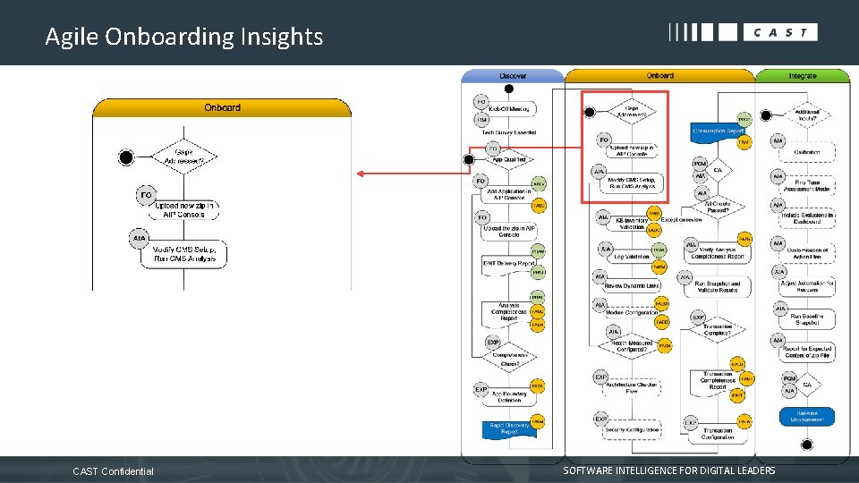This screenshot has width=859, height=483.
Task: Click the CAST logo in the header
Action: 743,32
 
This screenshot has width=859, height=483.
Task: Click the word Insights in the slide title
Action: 282,37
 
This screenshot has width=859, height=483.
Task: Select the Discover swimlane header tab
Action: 513,76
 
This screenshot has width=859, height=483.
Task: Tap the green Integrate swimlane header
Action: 802,76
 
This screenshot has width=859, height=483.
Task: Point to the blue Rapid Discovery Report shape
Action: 509,428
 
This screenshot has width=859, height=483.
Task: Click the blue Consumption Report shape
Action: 718,131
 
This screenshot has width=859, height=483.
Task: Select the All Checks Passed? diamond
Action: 719,208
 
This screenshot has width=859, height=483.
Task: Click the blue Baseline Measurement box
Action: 807,417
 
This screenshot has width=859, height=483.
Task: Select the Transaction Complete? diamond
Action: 718,330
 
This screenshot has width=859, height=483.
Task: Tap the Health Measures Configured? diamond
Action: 632,345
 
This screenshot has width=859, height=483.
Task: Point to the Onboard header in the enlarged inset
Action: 222,107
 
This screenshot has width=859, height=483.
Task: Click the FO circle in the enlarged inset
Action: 145,194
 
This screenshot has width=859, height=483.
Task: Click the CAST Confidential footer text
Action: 113,471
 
